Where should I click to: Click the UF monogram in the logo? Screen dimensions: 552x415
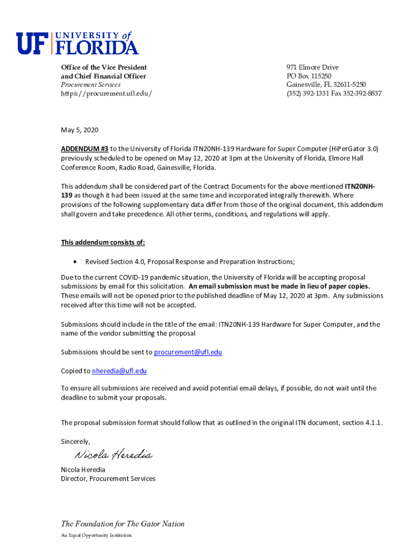[x=33, y=43]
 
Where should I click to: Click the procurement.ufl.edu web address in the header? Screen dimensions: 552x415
[x=106, y=93]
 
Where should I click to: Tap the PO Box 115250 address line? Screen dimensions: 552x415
[x=309, y=76]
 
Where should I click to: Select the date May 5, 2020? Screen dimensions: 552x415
[x=80, y=130]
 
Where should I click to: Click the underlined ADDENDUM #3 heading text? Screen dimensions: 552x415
[x=85, y=148]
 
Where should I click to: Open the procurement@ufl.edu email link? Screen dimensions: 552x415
[x=188, y=352]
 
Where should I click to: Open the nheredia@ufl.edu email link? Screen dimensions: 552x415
[x=119, y=371]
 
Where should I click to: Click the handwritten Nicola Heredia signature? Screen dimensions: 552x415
[x=113, y=455]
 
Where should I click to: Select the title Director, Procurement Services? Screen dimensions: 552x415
[x=108, y=478]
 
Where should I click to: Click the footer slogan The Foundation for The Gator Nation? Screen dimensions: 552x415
[x=122, y=523]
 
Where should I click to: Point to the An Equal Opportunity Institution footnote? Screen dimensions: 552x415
[x=96, y=535]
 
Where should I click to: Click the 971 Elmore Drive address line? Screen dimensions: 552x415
[x=313, y=67]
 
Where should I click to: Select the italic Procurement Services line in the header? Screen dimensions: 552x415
[x=91, y=85]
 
